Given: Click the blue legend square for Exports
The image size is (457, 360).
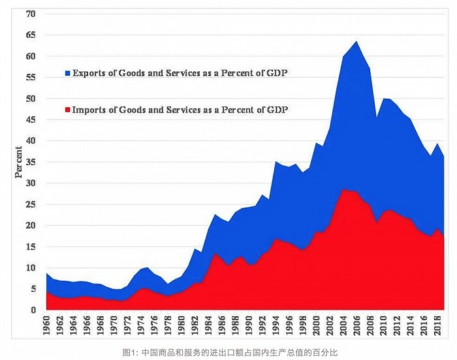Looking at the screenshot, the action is pyautogui.click(x=68, y=73).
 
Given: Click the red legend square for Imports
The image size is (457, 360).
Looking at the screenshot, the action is pyautogui.click(x=68, y=110).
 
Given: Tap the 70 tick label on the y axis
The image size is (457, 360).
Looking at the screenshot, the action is pyautogui.click(x=31, y=14).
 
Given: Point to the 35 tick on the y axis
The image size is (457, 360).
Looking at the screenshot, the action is pyautogui.click(x=31, y=162).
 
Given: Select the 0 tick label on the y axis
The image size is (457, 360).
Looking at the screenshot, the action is pyautogui.click(x=33, y=310).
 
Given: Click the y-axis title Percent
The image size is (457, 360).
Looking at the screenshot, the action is pyautogui.click(x=19, y=162).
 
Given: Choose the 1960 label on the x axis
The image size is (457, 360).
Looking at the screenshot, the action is pyautogui.click(x=46, y=325).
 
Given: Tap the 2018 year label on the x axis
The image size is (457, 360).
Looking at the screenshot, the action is pyautogui.click(x=438, y=325).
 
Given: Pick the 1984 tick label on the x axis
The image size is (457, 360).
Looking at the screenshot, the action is pyautogui.click(x=208, y=325).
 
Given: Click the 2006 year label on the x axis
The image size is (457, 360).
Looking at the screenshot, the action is pyautogui.click(x=356, y=325).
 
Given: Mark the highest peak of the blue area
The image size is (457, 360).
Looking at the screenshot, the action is pyautogui.click(x=356, y=41).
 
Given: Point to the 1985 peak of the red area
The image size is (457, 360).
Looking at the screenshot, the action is pyautogui.click(x=215, y=254).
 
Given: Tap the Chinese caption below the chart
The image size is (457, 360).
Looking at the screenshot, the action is pyautogui.click(x=230, y=352).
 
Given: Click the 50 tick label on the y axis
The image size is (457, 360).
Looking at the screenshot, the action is pyautogui.click(x=31, y=98).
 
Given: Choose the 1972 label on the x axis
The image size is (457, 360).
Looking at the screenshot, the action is pyautogui.click(x=127, y=325).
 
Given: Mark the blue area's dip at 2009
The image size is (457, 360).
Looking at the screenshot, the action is pyautogui.click(x=377, y=117).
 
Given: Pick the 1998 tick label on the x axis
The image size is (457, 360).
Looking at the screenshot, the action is pyautogui.click(x=303, y=325).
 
